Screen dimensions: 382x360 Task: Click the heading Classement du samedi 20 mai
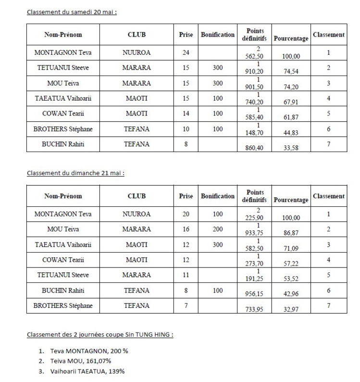coord(72,12)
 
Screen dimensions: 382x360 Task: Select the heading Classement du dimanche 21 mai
coord(75,173)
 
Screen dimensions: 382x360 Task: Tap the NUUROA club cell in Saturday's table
coord(137,53)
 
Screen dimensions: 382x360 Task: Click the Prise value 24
coord(186,53)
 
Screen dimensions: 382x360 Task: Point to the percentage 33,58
coord(290,148)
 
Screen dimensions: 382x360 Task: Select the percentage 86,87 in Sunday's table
coord(290,232)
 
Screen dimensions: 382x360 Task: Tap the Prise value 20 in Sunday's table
coord(186,214)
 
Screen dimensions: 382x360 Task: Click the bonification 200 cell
coord(218,229)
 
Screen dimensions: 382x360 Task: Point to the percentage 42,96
coord(290,294)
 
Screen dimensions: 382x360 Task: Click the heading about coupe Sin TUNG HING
coord(100,334)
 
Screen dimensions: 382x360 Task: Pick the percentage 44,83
coord(290,132)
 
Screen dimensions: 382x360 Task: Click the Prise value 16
coord(186,229)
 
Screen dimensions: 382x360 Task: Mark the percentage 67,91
coord(290,102)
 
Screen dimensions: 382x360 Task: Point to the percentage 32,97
coord(290,309)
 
